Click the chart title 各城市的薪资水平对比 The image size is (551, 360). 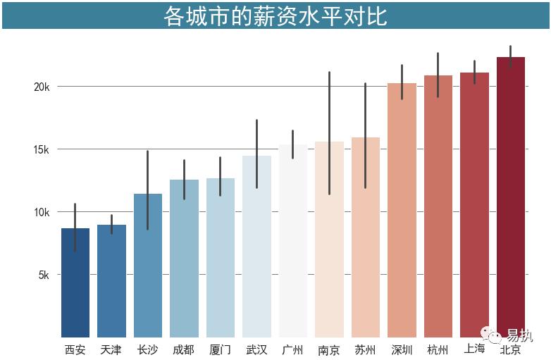coord(275,15)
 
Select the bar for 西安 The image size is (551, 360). coord(75,282)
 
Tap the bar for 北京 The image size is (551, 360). coord(511,197)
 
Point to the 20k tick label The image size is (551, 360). coord(42,87)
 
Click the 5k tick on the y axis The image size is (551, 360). coord(44,275)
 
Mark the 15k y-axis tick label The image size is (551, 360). coord(42,149)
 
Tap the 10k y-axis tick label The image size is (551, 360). coord(42,212)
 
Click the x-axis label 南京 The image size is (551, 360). coord(329,350)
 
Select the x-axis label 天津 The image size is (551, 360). coord(111,350)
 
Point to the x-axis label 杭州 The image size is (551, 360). coord(438,350)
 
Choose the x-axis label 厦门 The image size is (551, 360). coord(220,350)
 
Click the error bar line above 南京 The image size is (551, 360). coord(329,113)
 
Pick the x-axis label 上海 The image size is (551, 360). coord(474,349)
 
